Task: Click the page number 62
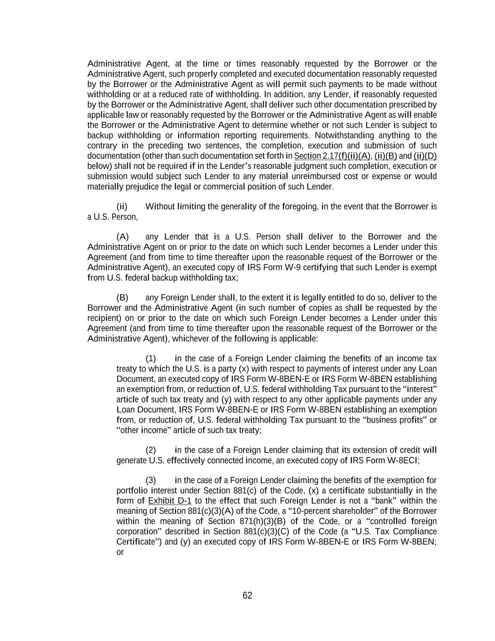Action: coord(247,595)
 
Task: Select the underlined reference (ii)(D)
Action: coord(425,156)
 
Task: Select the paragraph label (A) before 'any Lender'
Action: coord(122,237)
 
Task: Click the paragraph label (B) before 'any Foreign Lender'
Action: coord(122,298)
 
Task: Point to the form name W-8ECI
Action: coord(403,460)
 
